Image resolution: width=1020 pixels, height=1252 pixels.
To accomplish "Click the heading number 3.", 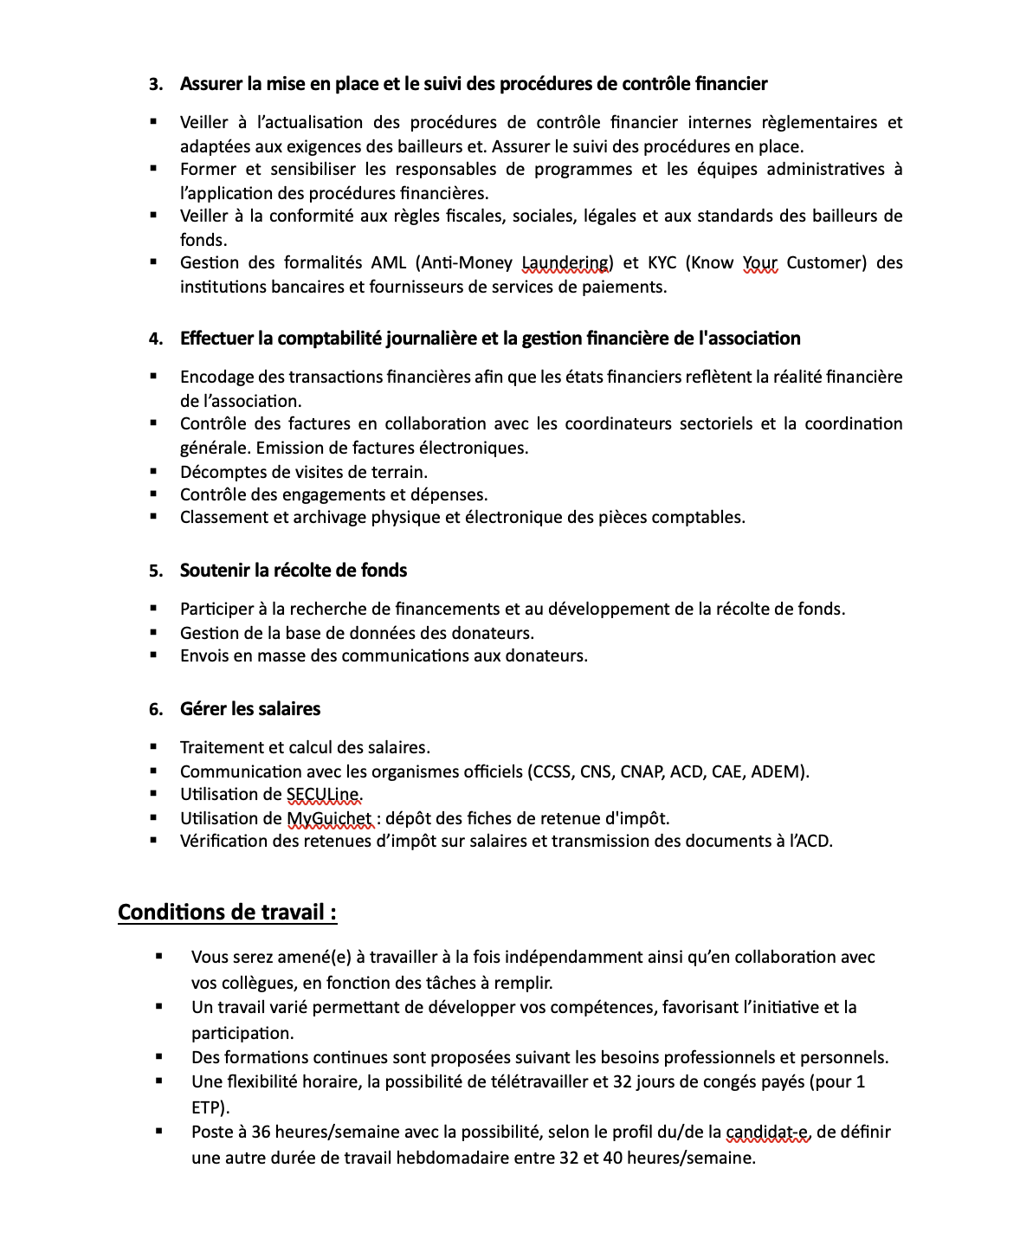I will pos(156,84).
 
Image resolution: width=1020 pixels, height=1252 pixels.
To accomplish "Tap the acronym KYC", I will pos(662,263).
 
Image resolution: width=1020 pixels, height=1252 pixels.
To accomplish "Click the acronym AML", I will pos(389,263).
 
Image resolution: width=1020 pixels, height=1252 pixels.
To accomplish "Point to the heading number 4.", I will pos(156,339).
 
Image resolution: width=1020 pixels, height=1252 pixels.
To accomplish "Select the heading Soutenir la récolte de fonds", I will pos(294,571).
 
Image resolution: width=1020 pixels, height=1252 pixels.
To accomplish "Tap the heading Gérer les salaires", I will pos(250,709).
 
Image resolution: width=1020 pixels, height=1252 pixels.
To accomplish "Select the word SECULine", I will pos(324,795).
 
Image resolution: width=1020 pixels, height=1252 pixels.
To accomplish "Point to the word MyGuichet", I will pos(329,818).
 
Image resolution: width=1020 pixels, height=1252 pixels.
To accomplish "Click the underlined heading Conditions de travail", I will pos(227,913).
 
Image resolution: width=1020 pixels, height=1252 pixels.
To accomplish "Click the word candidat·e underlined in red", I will pos(767,1132).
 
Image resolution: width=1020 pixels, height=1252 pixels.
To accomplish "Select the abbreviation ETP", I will pos(209,1107).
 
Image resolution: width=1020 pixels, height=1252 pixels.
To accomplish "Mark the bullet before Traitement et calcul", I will pos(154,746).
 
